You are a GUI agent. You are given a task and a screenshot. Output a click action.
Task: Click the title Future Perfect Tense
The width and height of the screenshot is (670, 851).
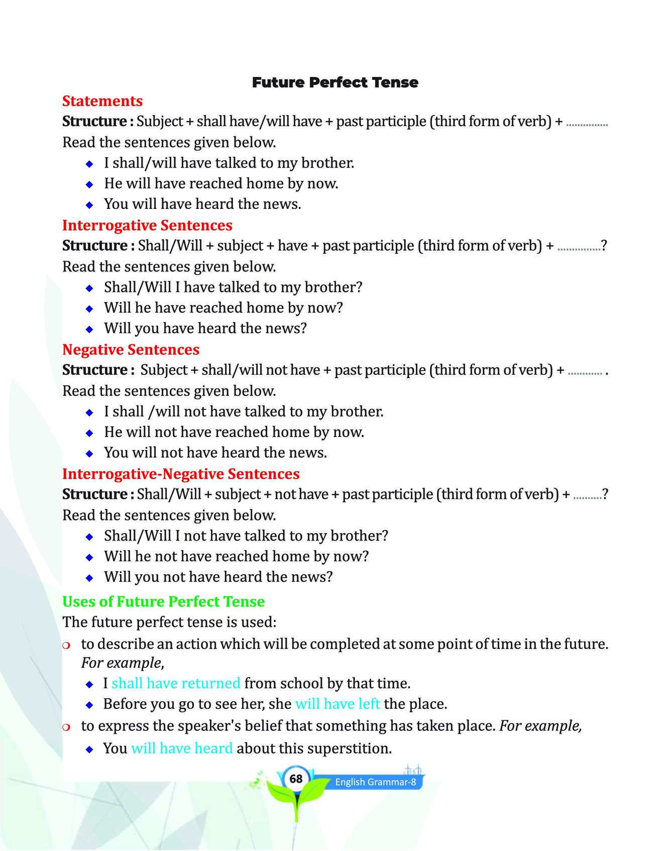[x=335, y=82]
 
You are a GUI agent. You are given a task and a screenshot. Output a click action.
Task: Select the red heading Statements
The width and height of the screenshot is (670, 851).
[x=102, y=101]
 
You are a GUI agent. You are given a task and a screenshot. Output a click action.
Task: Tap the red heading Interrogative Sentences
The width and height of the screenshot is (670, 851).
[x=147, y=225]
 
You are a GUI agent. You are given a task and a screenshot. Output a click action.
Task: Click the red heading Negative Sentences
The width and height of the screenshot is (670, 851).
[x=131, y=350]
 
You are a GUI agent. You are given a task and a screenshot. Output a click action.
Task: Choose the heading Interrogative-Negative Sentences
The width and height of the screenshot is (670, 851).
[x=181, y=474]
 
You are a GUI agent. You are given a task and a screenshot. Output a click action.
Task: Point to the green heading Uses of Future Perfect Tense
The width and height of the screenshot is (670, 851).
[x=163, y=601]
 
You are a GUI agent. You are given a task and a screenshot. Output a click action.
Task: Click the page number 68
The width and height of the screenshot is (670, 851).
[x=296, y=779]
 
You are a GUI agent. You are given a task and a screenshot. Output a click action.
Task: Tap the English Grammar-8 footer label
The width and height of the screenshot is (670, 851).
[x=375, y=782]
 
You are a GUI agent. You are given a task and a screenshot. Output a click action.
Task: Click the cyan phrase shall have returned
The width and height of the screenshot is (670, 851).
[x=176, y=683]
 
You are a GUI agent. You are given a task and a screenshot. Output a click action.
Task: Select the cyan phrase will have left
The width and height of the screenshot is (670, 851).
[x=338, y=704]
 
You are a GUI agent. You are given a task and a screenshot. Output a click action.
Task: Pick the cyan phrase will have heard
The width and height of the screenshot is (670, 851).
[x=182, y=748]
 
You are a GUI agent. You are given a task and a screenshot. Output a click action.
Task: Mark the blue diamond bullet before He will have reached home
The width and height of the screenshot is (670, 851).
[x=89, y=184]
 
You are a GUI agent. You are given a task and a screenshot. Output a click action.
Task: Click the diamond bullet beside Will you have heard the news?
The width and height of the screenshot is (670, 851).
[x=89, y=330]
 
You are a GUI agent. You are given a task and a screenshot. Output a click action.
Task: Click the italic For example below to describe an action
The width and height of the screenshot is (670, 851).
[x=122, y=663]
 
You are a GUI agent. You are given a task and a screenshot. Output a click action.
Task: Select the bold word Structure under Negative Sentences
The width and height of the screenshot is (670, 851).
[x=94, y=370]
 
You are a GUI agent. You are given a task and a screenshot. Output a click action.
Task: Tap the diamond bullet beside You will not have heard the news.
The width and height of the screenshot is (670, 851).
[x=89, y=454]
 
